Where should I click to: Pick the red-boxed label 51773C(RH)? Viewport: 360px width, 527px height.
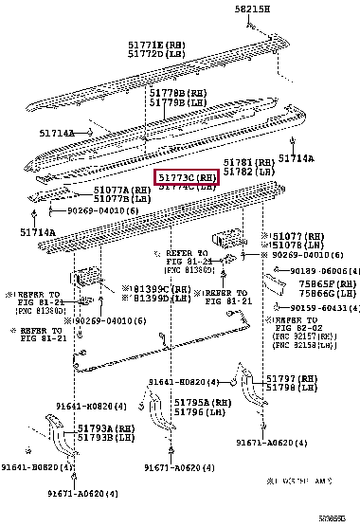(188, 177)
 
